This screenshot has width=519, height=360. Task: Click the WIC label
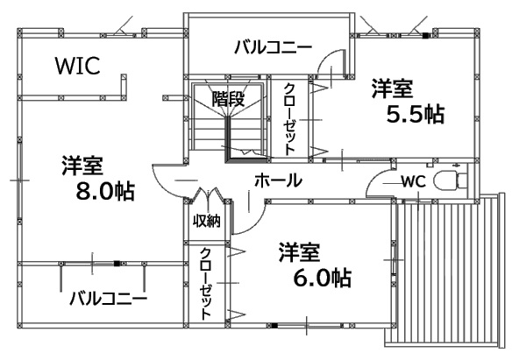(x=77, y=66)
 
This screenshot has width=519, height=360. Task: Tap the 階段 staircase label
(x=228, y=98)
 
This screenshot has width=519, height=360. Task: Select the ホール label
(x=278, y=180)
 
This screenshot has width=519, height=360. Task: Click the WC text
(x=414, y=180)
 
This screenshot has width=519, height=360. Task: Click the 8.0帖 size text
(x=105, y=191)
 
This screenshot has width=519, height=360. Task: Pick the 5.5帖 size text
(x=416, y=114)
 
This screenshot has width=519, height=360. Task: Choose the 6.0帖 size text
(x=322, y=279)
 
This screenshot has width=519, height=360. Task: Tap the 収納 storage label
(x=207, y=221)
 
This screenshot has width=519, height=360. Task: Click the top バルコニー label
(x=273, y=47)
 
